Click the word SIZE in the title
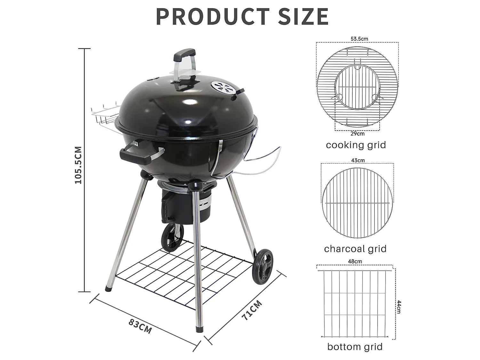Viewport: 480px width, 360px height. tap(303, 17)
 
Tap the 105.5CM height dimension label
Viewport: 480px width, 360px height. tap(78, 165)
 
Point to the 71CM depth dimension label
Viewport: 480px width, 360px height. tap(252, 310)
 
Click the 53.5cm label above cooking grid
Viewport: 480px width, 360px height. tap(359, 39)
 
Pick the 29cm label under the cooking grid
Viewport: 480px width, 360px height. tap(357, 134)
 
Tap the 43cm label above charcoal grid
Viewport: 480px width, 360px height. tap(357, 160)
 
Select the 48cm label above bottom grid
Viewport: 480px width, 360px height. tap(355, 261)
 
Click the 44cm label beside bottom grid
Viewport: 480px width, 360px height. tap(399, 307)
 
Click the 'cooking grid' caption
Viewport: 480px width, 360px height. tap(356, 145)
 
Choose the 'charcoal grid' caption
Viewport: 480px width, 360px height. tap(355, 249)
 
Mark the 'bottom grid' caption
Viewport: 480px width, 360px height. tap(355, 347)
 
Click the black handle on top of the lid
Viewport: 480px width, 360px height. tap(184, 55)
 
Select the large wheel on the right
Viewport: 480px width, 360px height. tap(263, 266)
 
